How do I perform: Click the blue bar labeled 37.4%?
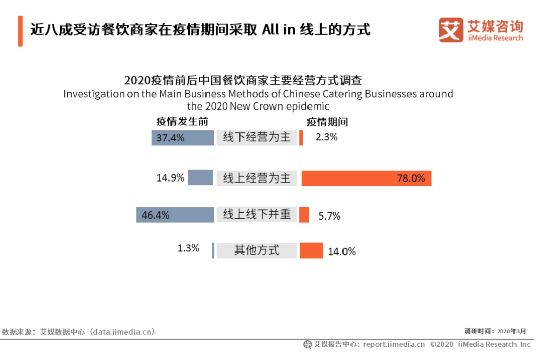183,137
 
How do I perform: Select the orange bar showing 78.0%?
367,178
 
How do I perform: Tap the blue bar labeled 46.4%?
175,215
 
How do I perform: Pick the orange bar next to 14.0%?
312,250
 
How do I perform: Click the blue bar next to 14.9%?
200,177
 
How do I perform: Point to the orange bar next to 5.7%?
304,215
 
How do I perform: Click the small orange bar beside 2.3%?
301,137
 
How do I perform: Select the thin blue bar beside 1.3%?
213,250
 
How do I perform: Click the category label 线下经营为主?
257,137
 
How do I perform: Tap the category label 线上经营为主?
257,178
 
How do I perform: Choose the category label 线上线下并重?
257,214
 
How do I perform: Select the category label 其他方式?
257,250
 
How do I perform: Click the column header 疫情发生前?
182,122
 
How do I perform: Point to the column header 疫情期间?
327,122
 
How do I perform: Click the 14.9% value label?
170,178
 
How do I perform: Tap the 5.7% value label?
329,216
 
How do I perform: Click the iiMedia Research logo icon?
451,30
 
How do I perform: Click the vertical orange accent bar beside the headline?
21,31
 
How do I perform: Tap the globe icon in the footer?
307,345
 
